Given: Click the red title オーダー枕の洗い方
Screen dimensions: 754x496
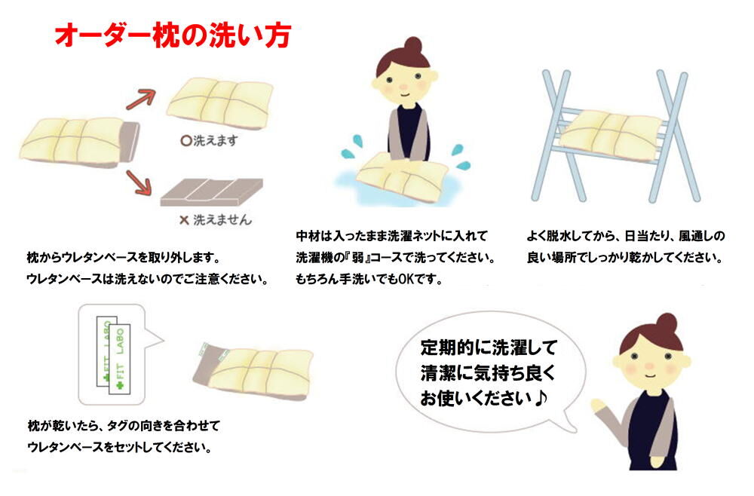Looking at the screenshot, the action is pos(173,36).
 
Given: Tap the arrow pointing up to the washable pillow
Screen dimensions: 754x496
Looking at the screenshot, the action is pos(141,99).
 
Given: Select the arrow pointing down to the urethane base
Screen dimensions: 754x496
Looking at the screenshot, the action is pos(139,182).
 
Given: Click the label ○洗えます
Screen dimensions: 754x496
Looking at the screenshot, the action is pos(209,140).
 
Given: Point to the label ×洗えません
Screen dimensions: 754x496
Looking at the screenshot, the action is pos(216,220).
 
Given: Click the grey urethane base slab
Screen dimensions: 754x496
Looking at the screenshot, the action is pos(212,191).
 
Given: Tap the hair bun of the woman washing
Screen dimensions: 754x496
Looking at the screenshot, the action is pos(412,46).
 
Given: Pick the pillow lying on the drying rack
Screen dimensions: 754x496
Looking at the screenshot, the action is pos(611,130).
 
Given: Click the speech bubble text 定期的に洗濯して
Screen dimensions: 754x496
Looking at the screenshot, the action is pos(489,347).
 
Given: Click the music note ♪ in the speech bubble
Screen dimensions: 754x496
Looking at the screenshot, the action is pos(541,398).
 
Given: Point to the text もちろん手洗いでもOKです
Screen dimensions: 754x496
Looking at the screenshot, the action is pos(369,279).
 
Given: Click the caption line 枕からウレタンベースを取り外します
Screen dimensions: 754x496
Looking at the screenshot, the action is pos(123,258).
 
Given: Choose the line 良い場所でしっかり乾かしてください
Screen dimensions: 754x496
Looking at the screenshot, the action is pos(624,258).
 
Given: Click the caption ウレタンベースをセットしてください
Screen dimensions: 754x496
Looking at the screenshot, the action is pos(119,448).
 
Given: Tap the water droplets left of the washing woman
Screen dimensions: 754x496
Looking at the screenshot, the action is pos(350,146).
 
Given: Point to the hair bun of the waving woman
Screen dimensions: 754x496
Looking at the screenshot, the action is pos(667,323).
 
